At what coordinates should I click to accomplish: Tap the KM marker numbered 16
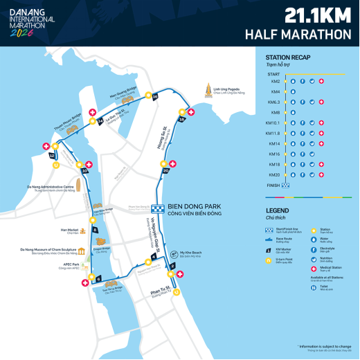pos(156,98)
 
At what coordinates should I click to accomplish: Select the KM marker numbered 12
pos(52,156)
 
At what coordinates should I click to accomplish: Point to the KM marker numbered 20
pos(165,170)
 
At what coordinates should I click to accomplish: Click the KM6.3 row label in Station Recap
pos(273,102)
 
